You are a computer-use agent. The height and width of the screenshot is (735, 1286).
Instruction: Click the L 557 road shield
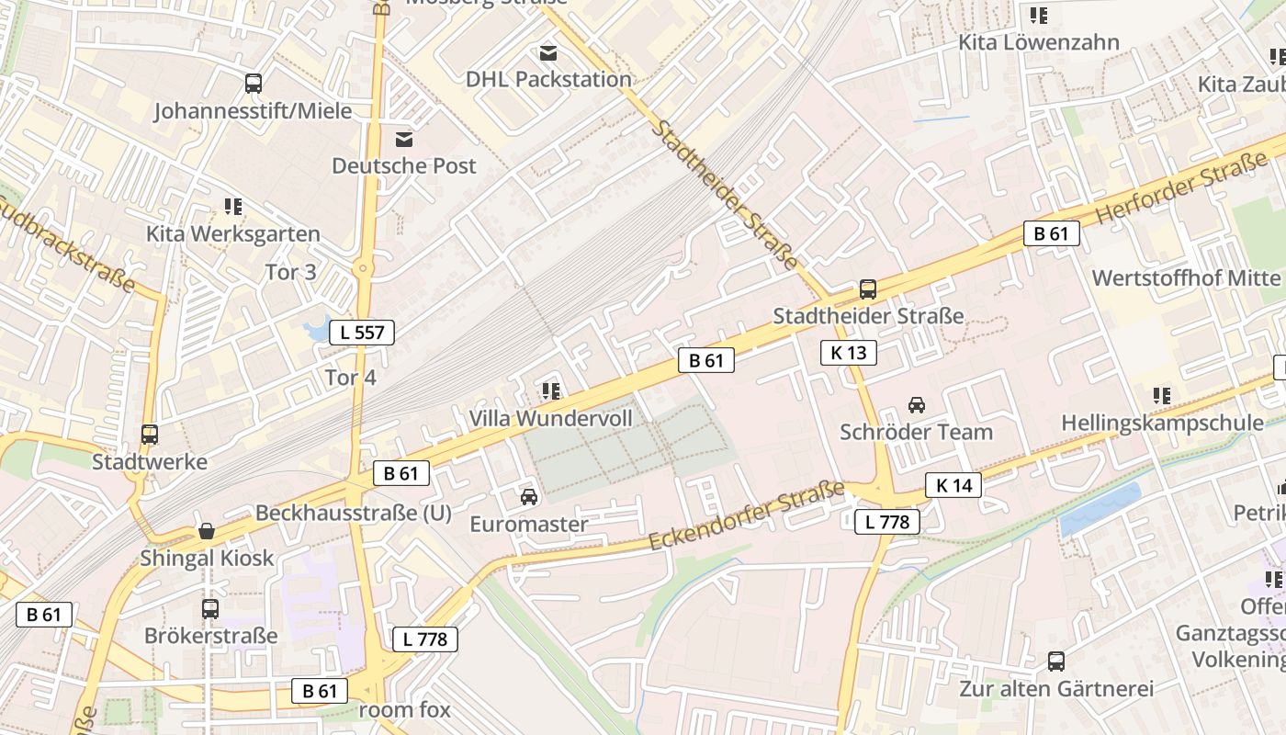coord(362,333)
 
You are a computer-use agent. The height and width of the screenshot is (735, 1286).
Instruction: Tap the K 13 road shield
coord(848,352)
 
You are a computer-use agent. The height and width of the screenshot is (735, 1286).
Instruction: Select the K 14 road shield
coord(953,485)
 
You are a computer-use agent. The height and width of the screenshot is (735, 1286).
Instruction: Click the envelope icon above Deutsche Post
coord(403,140)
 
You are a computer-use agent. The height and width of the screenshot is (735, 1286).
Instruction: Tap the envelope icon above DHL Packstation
coord(548,53)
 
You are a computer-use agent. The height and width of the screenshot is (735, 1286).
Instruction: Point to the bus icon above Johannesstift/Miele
coord(253,84)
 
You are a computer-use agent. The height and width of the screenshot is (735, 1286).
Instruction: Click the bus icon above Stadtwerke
coord(149,435)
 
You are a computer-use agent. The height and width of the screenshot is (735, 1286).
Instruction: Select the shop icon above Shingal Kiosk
coord(207,531)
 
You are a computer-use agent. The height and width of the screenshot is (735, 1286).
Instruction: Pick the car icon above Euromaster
coord(529,497)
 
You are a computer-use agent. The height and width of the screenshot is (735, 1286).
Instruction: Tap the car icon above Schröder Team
coord(916,404)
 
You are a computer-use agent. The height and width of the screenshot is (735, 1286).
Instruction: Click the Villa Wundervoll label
coord(551,418)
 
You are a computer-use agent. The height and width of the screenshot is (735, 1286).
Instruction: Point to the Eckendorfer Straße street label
coord(746,516)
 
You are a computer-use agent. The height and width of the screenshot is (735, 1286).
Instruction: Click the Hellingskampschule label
coord(1162,423)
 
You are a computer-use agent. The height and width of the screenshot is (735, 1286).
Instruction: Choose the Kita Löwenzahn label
coord(1039,42)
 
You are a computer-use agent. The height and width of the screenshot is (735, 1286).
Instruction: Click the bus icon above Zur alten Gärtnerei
coord(1056,661)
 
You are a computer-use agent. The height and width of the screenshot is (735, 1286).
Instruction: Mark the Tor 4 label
coord(350,378)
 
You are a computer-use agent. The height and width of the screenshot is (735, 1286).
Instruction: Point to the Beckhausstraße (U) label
coord(354,513)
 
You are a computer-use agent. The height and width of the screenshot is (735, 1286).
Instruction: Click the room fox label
coord(404,710)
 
